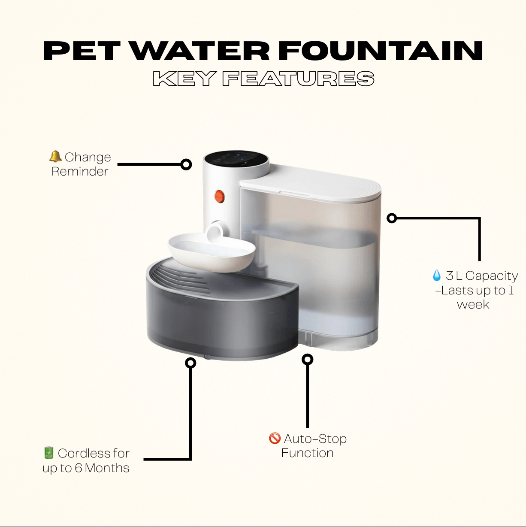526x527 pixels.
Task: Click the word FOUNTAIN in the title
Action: [x=381, y=51]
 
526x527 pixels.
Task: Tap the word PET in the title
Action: [x=82, y=51]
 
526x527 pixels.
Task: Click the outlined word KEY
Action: [x=184, y=79]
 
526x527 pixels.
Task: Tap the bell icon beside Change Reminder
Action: [x=55, y=157]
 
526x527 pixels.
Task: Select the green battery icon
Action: [x=48, y=453]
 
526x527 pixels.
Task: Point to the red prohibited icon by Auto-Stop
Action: [x=275, y=438]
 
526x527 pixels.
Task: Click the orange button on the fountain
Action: [x=219, y=197]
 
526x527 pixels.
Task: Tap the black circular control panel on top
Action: [x=236, y=161]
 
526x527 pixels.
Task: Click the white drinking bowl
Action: [x=212, y=251]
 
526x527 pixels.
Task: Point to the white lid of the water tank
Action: [x=310, y=183]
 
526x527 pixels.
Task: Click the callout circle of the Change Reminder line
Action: [x=186, y=165]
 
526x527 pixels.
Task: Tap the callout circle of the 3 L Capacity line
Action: [x=392, y=218]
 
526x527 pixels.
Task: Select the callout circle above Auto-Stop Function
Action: [x=308, y=359]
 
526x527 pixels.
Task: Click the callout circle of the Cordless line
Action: [x=190, y=363]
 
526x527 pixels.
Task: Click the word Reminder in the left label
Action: [x=80, y=172]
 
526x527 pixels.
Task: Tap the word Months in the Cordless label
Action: [x=107, y=468]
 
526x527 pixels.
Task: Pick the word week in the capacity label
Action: [x=473, y=304]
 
